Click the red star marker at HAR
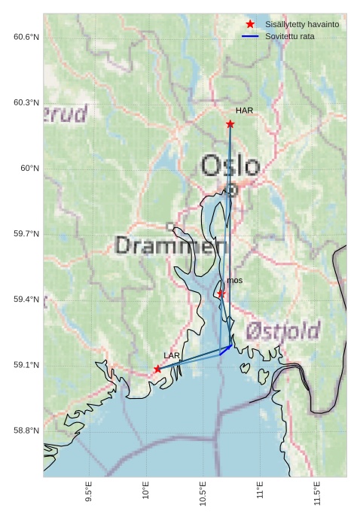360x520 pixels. click(x=230, y=124)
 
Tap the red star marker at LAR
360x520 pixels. click(x=157, y=369)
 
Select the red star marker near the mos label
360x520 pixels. click(x=221, y=293)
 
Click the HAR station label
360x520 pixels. click(x=244, y=111)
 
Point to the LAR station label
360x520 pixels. click(x=172, y=355)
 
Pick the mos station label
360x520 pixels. click(x=234, y=281)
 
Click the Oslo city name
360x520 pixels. click(x=230, y=166)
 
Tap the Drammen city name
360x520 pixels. click(x=172, y=245)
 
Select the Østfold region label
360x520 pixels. click(x=283, y=330)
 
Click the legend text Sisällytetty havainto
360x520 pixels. click(x=302, y=25)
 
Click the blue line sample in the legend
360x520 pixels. click(x=250, y=36)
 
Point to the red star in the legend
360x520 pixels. click(x=250, y=24)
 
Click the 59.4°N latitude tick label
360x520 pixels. click(x=26, y=300)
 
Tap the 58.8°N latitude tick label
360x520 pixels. click(x=26, y=430)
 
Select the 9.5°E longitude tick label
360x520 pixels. click(x=89, y=493)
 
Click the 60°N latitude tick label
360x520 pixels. click(x=30, y=169)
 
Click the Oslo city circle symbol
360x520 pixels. click(x=231, y=190)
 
